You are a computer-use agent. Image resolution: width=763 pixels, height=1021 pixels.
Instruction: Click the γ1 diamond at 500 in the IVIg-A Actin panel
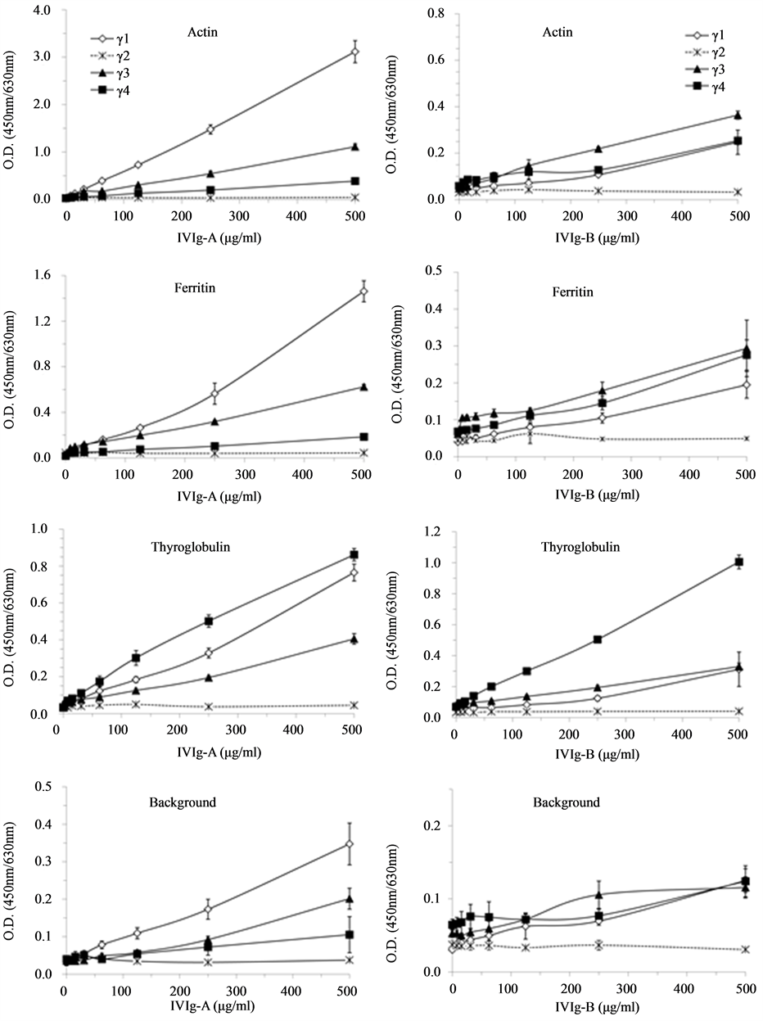354,52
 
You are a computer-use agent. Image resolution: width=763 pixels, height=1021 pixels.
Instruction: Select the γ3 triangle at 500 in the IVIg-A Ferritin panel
362,387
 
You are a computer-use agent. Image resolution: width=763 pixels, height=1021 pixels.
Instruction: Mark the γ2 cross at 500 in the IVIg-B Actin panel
738,192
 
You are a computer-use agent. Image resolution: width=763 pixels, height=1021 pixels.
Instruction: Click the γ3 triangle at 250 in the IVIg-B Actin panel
598,148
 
